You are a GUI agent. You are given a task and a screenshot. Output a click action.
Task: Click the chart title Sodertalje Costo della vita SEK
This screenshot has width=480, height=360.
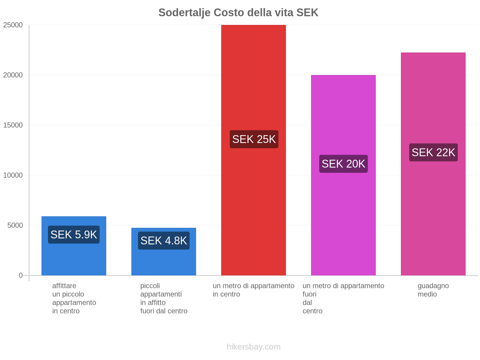coord(238,13)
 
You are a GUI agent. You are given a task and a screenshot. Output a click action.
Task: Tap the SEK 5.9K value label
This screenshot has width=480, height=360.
coord(74,235)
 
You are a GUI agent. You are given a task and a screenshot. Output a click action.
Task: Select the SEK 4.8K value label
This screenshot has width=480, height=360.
coord(164,241)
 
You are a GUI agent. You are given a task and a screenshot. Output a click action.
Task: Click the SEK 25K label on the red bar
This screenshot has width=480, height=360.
coord(254,139)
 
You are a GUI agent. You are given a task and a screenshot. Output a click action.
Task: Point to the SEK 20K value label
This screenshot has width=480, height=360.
coord(343,164)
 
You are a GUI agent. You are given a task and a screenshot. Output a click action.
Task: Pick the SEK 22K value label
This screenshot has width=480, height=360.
coord(433,152)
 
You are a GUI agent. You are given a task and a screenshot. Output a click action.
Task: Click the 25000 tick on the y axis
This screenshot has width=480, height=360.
coord(13,25)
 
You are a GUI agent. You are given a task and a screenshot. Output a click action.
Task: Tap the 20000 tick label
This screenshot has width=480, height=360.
coord(13,75)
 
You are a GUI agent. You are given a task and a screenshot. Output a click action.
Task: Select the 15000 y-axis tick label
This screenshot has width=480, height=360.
coord(13,125)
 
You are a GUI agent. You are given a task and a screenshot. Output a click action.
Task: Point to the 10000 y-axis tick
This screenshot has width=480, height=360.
coord(13,175)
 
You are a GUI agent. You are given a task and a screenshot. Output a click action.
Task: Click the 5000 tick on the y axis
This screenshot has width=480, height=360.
coord(15,226)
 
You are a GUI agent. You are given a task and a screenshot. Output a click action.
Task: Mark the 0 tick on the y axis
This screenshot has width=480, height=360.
coord(21,275)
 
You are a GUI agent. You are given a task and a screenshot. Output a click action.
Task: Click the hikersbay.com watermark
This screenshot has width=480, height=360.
coord(253,347)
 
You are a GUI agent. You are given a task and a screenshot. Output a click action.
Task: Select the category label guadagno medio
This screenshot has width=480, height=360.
coord(433,290)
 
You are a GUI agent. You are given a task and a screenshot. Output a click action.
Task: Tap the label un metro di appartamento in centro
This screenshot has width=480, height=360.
coord(253,290)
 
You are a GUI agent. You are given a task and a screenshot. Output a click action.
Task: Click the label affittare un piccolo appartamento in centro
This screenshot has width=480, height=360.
coord(74,298)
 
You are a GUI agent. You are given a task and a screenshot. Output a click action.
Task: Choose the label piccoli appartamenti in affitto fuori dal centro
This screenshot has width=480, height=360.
coord(164,298)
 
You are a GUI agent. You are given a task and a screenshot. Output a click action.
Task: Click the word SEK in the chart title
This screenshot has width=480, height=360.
coord(307,13)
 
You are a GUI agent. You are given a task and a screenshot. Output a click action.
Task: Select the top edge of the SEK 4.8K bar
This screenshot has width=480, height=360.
coord(164,228)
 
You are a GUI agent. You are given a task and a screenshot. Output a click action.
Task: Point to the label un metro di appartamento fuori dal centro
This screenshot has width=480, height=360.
coord(343,298)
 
